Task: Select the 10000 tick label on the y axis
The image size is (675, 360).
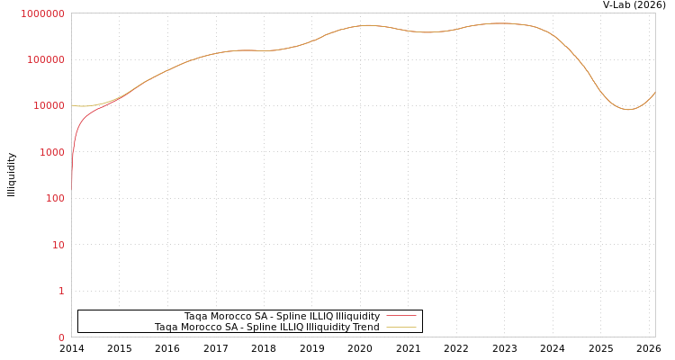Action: pos(50,106)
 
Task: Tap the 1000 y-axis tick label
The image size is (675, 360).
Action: pos(53,152)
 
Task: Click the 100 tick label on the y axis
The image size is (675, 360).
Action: pos(56,198)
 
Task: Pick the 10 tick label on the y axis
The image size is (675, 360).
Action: pos(58,245)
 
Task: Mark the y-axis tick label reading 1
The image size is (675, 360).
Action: pos(61,291)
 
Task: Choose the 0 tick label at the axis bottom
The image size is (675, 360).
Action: pos(61,337)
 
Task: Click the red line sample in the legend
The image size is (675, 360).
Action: pos(401,316)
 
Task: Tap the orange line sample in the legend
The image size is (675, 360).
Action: pos(401,327)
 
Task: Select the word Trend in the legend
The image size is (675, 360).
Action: pos(365,327)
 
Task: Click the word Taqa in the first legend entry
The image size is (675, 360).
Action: pos(196,316)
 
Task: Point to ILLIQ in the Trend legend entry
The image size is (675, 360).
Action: pos(289,327)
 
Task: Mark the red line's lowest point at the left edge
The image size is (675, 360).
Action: pos(72,183)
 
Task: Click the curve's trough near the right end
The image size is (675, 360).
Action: pos(628,110)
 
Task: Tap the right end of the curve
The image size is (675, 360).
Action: pos(654,93)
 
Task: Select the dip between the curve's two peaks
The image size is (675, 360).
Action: pos(427,32)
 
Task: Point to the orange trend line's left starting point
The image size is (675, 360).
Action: pos(72,105)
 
